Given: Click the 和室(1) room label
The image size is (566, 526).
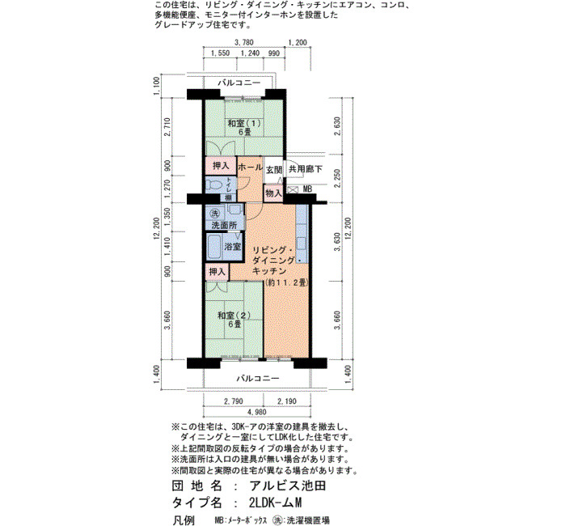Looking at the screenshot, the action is [244, 123].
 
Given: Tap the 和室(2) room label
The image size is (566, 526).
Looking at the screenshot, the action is [234, 316].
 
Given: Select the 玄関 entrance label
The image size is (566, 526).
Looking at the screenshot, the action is [274, 169].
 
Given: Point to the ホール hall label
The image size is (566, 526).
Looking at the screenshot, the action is [250, 168].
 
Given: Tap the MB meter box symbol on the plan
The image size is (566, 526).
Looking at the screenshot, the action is [293, 189].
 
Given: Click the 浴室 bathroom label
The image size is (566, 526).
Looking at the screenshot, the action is [233, 247].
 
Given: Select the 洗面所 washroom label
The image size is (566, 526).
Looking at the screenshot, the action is [224, 226].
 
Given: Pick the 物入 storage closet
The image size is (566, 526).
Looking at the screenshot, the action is [273, 193].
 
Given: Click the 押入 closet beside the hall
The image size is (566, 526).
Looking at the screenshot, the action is [221, 166].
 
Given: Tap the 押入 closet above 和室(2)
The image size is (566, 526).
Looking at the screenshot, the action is [218, 272].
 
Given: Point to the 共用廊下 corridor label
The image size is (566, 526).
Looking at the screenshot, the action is [305, 169].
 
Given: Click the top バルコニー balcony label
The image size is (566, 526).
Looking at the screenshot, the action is [239, 83].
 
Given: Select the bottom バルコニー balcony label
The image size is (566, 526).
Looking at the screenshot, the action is [258, 379].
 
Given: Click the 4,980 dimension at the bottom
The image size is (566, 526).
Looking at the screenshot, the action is [257, 412].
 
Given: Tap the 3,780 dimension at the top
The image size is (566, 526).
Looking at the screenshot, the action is [243, 42].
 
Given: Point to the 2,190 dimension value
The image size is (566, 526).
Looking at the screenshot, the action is [287, 401].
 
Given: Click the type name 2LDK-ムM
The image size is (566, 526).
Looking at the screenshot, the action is [275, 503].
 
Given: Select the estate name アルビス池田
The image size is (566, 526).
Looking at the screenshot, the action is [288, 486].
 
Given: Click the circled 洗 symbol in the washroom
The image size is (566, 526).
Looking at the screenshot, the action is [215, 213].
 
